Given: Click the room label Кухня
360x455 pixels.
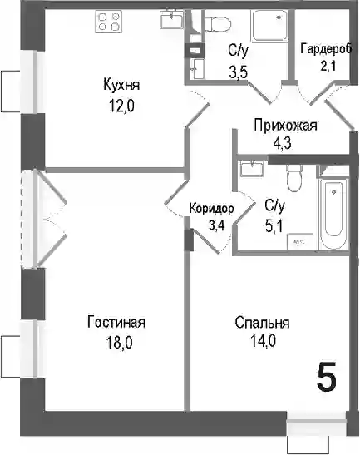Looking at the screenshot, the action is click(121, 85).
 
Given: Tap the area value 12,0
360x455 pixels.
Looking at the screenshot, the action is click(121, 106).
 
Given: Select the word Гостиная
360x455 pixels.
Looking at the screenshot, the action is click(116, 322).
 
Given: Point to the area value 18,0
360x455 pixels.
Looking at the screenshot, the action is click(119, 343).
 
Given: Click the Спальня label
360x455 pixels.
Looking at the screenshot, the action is click(262, 323).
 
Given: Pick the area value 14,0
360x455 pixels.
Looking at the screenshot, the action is click(263, 341).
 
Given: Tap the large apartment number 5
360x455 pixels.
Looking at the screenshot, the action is click(327, 376).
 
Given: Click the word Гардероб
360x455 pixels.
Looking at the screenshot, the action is click(327, 48).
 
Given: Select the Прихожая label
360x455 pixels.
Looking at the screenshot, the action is click(285, 126).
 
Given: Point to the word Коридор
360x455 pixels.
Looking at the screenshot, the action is click(211, 209).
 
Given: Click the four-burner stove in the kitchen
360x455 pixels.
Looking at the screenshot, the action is click(108, 22).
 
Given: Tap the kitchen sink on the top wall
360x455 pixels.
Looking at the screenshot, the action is click(172, 19).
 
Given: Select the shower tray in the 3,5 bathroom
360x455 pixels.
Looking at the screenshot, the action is click(269, 26).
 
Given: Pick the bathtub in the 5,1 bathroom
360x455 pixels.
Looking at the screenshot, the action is click(334, 214).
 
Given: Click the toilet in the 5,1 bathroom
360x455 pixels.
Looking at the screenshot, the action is click(294, 178).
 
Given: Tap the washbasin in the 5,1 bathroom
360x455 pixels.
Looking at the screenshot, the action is click(252, 168).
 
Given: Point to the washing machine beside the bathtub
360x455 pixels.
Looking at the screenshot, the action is click(300, 241).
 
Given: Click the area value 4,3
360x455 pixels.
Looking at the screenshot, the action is click(282, 143).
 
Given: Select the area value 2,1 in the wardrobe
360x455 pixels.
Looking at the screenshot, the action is click(328, 66).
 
